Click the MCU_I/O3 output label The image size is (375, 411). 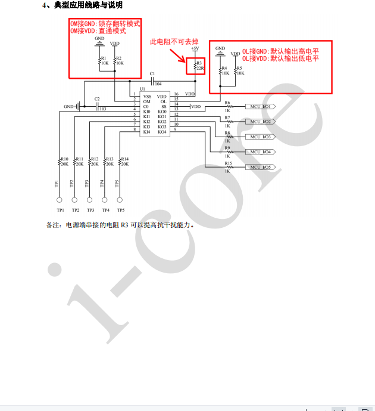click(261, 137)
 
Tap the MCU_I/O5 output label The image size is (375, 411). click(261, 168)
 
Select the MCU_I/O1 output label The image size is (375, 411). click(261, 106)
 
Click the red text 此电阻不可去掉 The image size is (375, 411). click(174, 41)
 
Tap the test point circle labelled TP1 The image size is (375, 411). click(60, 200)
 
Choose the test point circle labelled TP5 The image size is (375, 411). click(120, 200)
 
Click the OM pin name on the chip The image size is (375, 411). click(146, 101)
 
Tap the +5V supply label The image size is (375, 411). click(195, 48)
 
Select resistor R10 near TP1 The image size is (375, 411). click(60, 162)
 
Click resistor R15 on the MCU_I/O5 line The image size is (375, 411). click(227, 168)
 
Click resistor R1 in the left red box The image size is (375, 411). click(99, 60)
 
